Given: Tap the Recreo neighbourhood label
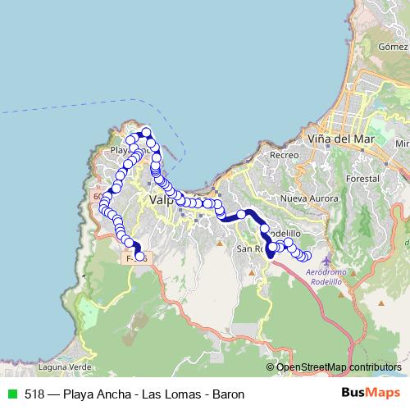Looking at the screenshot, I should pyautogui.click(x=283, y=154).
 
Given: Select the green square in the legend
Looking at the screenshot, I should pyautogui.click(x=13, y=394).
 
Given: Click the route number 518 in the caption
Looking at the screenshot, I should pyautogui.click(x=34, y=394).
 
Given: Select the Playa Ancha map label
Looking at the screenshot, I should pyautogui.click(x=121, y=150).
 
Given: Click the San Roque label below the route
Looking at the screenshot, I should pyautogui.click(x=248, y=248).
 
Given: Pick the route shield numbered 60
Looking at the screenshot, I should pyautogui.click(x=99, y=197).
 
